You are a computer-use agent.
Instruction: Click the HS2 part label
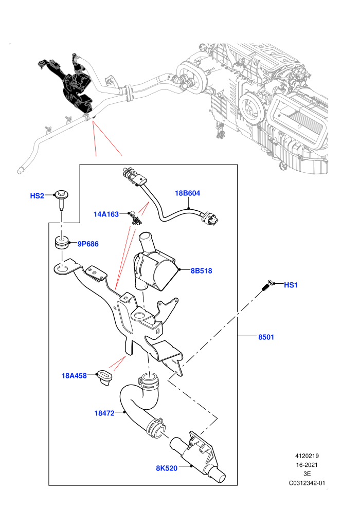37,196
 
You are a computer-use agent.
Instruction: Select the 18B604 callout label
188,193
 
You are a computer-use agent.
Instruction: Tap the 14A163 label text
106,214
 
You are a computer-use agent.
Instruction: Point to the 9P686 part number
88,244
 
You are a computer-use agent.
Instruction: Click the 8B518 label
201,270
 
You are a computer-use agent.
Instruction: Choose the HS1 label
291,285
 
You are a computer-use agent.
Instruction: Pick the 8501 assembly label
266,337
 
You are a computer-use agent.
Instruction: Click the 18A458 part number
75,376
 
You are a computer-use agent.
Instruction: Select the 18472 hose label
104,413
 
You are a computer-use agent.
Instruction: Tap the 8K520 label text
167,468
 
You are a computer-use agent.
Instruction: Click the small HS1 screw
267,286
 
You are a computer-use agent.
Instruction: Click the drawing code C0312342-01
307,483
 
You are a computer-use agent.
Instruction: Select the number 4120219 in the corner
307,456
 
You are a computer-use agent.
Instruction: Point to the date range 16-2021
307,465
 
